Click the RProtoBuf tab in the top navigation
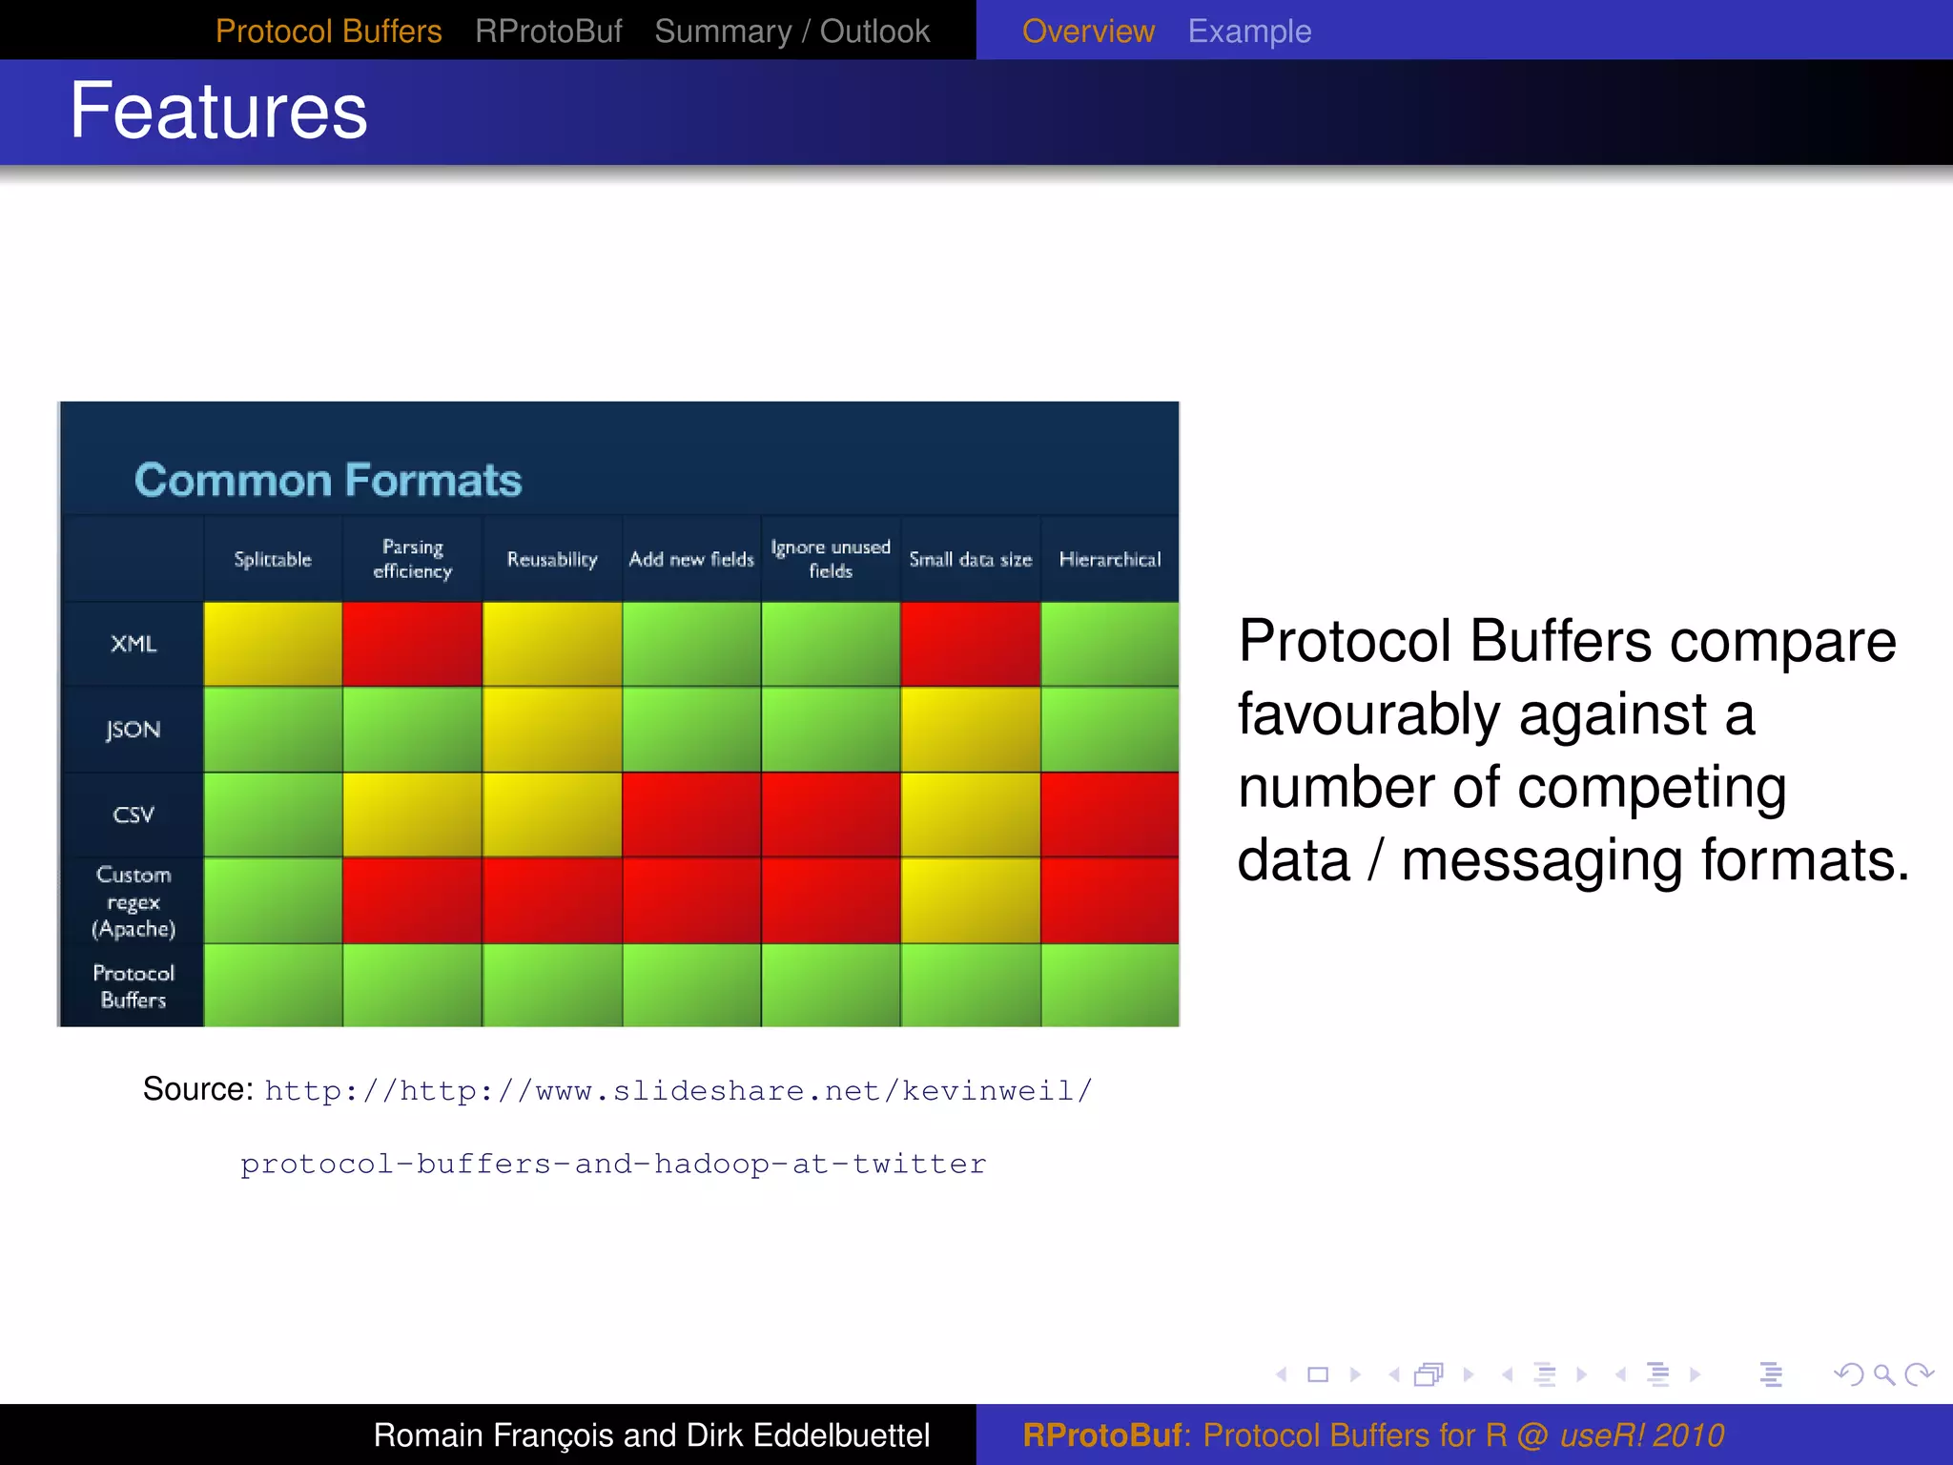coord(548,31)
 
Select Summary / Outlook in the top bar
coord(791,31)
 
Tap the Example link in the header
coord(1249,31)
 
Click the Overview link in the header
coord(1088,31)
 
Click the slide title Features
coord(218,112)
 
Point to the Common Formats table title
coord(328,480)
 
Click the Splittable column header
coord(273,560)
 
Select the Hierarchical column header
coord(1110,560)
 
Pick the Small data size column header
coord(970,560)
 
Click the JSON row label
coord(133,730)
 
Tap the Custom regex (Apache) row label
coord(133,901)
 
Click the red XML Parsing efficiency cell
coord(412,644)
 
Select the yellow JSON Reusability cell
coord(552,730)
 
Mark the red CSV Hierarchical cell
coord(1110,815)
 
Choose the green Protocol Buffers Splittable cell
coord(273,985)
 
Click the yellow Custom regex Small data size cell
coord(970,900)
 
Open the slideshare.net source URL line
coord(678,1090)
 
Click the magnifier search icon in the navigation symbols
coord(1883,1374)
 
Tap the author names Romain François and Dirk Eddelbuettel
coord(651,1434)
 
